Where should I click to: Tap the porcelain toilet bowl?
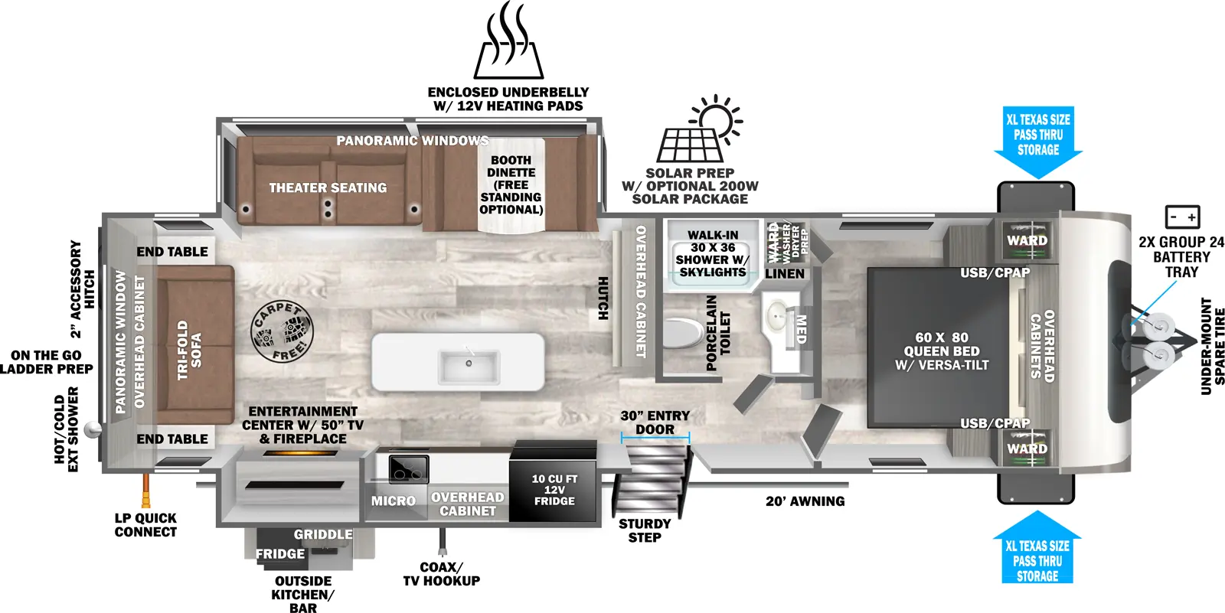tap(682, 334)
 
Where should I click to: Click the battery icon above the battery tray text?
tap(1182, 217)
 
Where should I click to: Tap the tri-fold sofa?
tap(194, 345)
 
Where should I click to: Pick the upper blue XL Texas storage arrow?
tap(1038, 142)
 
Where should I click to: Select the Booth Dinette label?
tap(511, 184)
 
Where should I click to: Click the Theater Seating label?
tap(328, 187)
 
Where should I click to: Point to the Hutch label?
tap(603, 298)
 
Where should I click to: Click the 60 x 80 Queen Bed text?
tap(942, 351)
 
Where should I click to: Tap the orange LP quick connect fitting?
tap(144, 485)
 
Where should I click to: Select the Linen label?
tap(785, 273)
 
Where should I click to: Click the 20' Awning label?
tap(805, 501)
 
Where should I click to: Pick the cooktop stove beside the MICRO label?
tap(408, 468)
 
